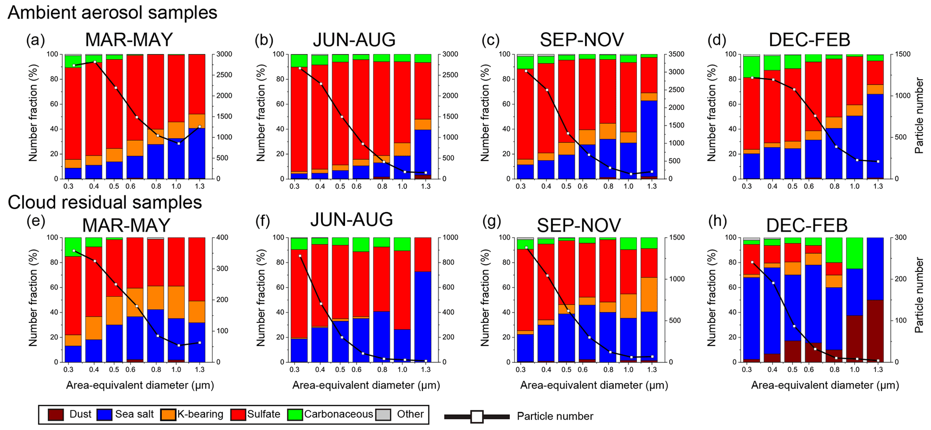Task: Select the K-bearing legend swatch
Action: pos(168,414)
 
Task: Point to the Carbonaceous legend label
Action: pos(338,414)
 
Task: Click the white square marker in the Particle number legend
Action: pos(477,416)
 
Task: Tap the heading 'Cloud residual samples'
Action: pos(104,203)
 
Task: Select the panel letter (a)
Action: pos(36,41)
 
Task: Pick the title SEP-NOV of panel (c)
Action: pos(581,40)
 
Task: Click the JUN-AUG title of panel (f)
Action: pos(351,219)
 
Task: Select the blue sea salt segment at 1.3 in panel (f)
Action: pos(423,316)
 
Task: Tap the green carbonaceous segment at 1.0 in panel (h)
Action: pos(854,253)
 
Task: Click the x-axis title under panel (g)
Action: pos(594,385)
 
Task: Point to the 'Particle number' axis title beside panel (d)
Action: pos(919,116)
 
